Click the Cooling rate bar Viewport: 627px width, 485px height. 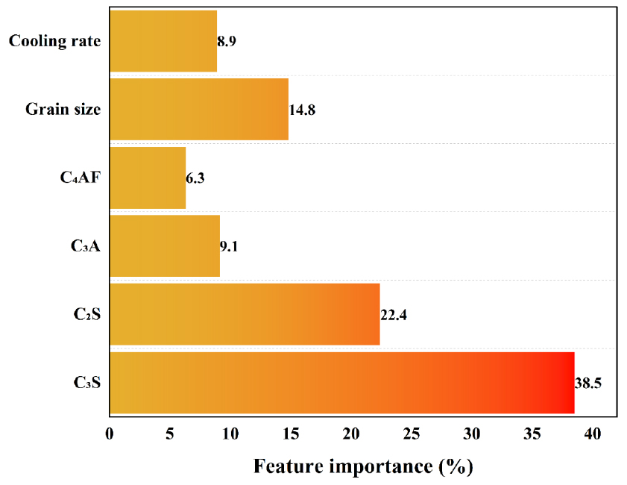(163, 41)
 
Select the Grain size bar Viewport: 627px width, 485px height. (199, 109)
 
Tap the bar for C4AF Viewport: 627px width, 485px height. (148, 178)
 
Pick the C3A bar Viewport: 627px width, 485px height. (165, 245)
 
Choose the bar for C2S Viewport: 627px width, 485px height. (245, 314)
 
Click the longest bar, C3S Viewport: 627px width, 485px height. (342, 382)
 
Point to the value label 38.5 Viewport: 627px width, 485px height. (588, 383)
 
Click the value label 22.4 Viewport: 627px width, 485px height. (394, 315)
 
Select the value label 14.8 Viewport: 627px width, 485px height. (302, 110)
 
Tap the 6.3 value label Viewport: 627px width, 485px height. (195, 178)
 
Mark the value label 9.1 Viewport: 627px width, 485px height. (229, 246)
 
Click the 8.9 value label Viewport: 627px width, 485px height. (227, 42)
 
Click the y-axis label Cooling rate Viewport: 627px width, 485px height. (54, 41)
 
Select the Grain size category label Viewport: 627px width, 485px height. (63, 110)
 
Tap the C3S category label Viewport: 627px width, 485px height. (87, 383)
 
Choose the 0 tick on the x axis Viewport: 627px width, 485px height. (110, 434)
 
